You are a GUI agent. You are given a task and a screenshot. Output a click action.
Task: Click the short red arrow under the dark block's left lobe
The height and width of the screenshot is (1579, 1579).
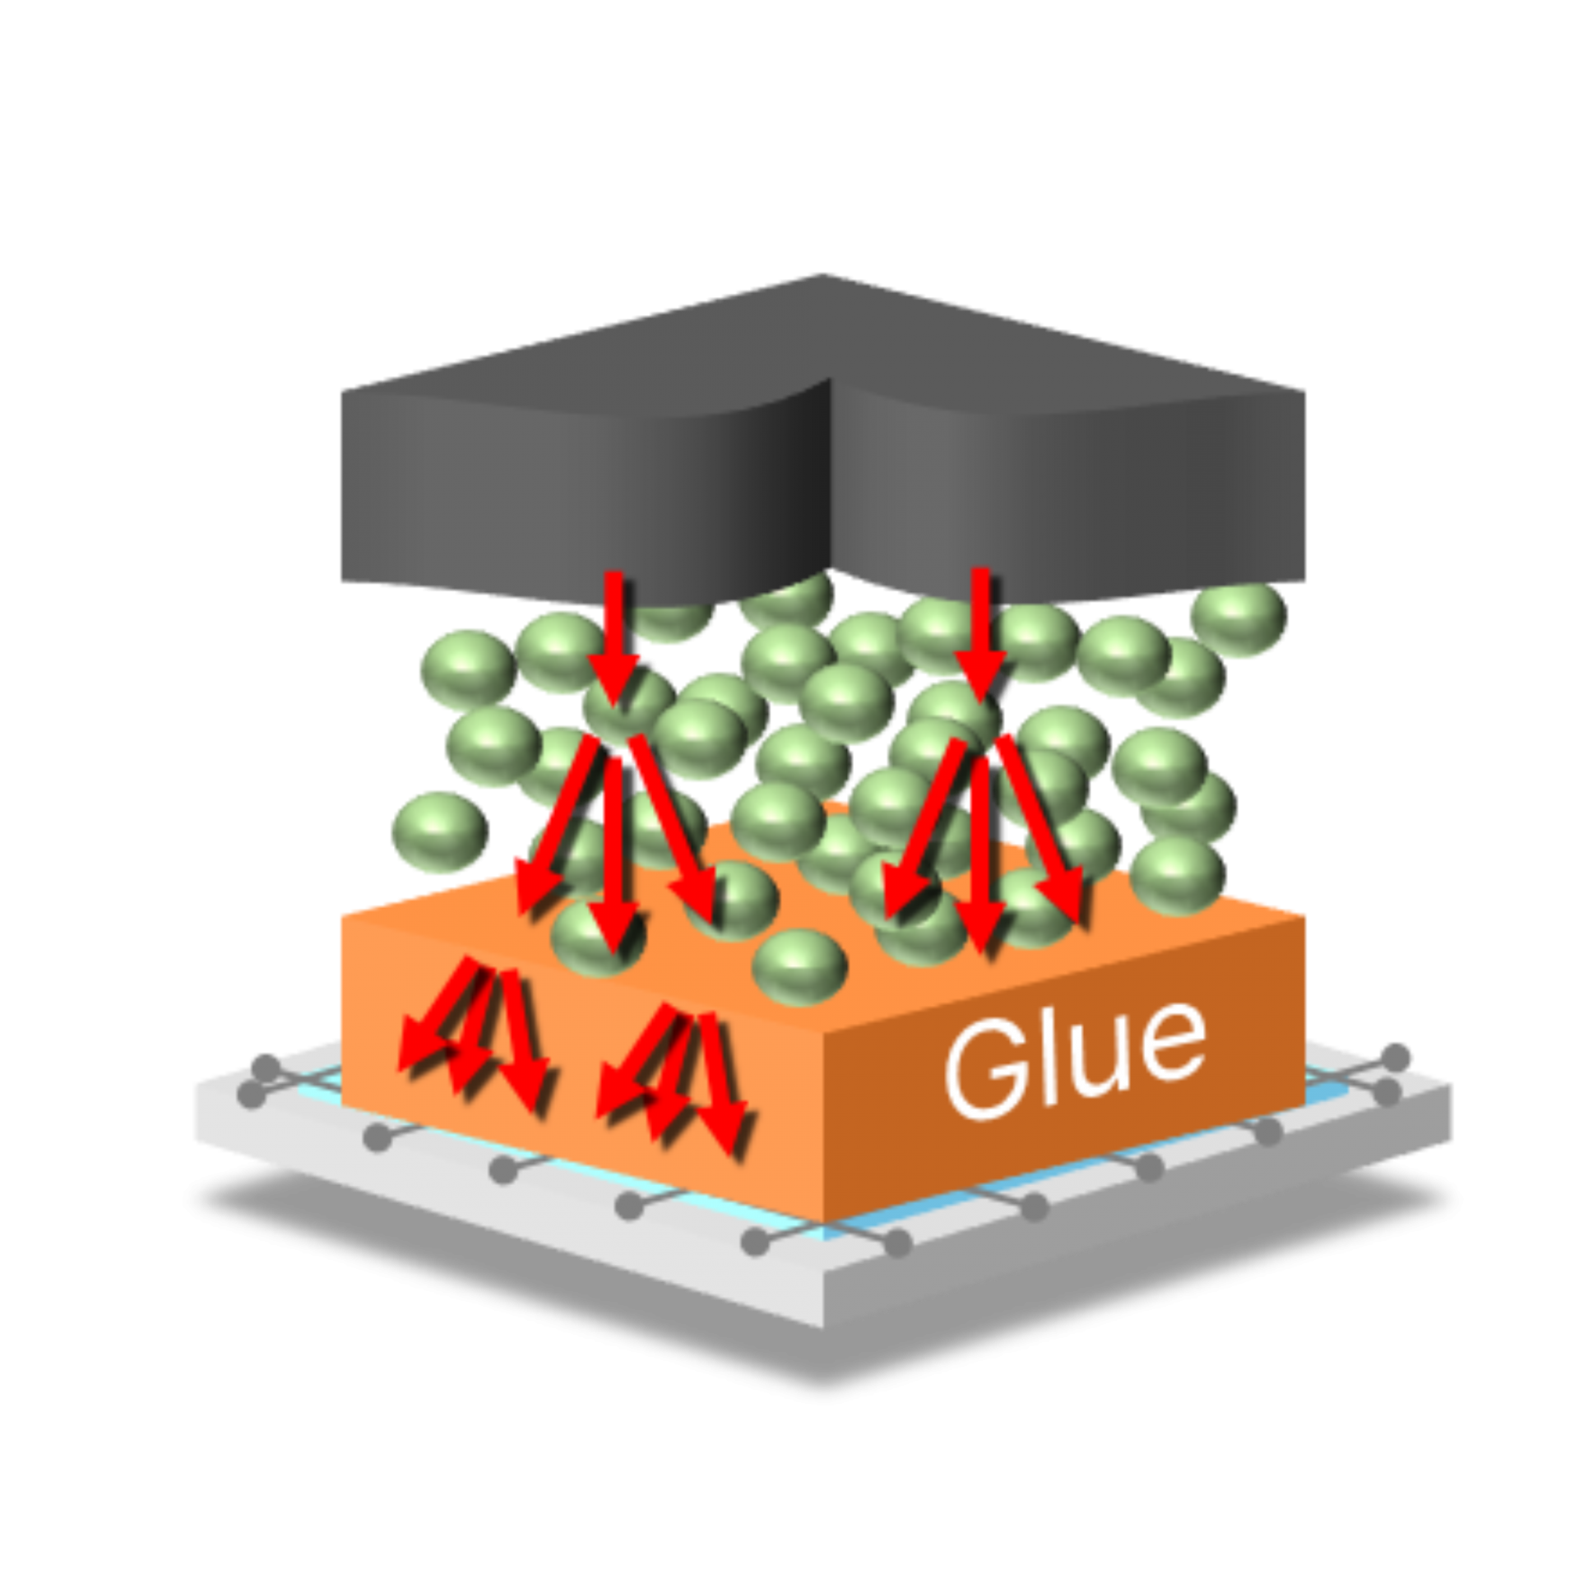tap(615, 633)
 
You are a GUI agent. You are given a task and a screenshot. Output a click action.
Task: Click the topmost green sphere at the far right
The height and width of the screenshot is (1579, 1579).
tap(1238, 618)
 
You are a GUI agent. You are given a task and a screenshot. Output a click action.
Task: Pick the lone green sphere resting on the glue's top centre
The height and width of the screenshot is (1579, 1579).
tap(800, 965)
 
